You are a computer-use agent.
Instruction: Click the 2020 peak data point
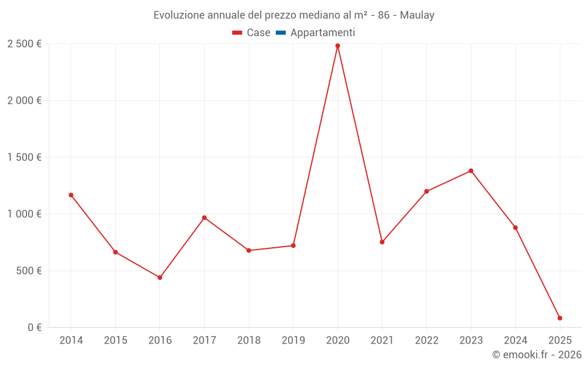[x=338, y=46]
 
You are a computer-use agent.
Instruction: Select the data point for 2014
[x=71, y=195]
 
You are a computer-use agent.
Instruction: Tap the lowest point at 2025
[x=560, y=318]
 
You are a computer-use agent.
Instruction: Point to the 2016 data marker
[x=160, y=278]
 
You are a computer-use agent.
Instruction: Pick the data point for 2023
[x=471, y=171]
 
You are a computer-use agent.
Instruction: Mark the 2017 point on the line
[x=204, y=218]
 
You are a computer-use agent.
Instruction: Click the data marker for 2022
[x=426, y=191]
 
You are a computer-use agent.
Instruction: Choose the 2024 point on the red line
[x=515, y=228]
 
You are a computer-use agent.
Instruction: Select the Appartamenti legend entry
[x=322, y=33]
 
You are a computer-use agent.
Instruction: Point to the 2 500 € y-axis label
[x=24, y=44]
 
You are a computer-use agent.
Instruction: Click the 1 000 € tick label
[x=24, y=214]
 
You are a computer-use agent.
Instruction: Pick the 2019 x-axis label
[x=293, y=341]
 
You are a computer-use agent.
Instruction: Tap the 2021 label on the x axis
[x=382, y=341]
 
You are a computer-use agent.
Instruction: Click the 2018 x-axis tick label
[x=249, y=341]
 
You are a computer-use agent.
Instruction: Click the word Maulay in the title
[x=417, y=15]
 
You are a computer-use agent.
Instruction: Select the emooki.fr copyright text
[x=537, y=355]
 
